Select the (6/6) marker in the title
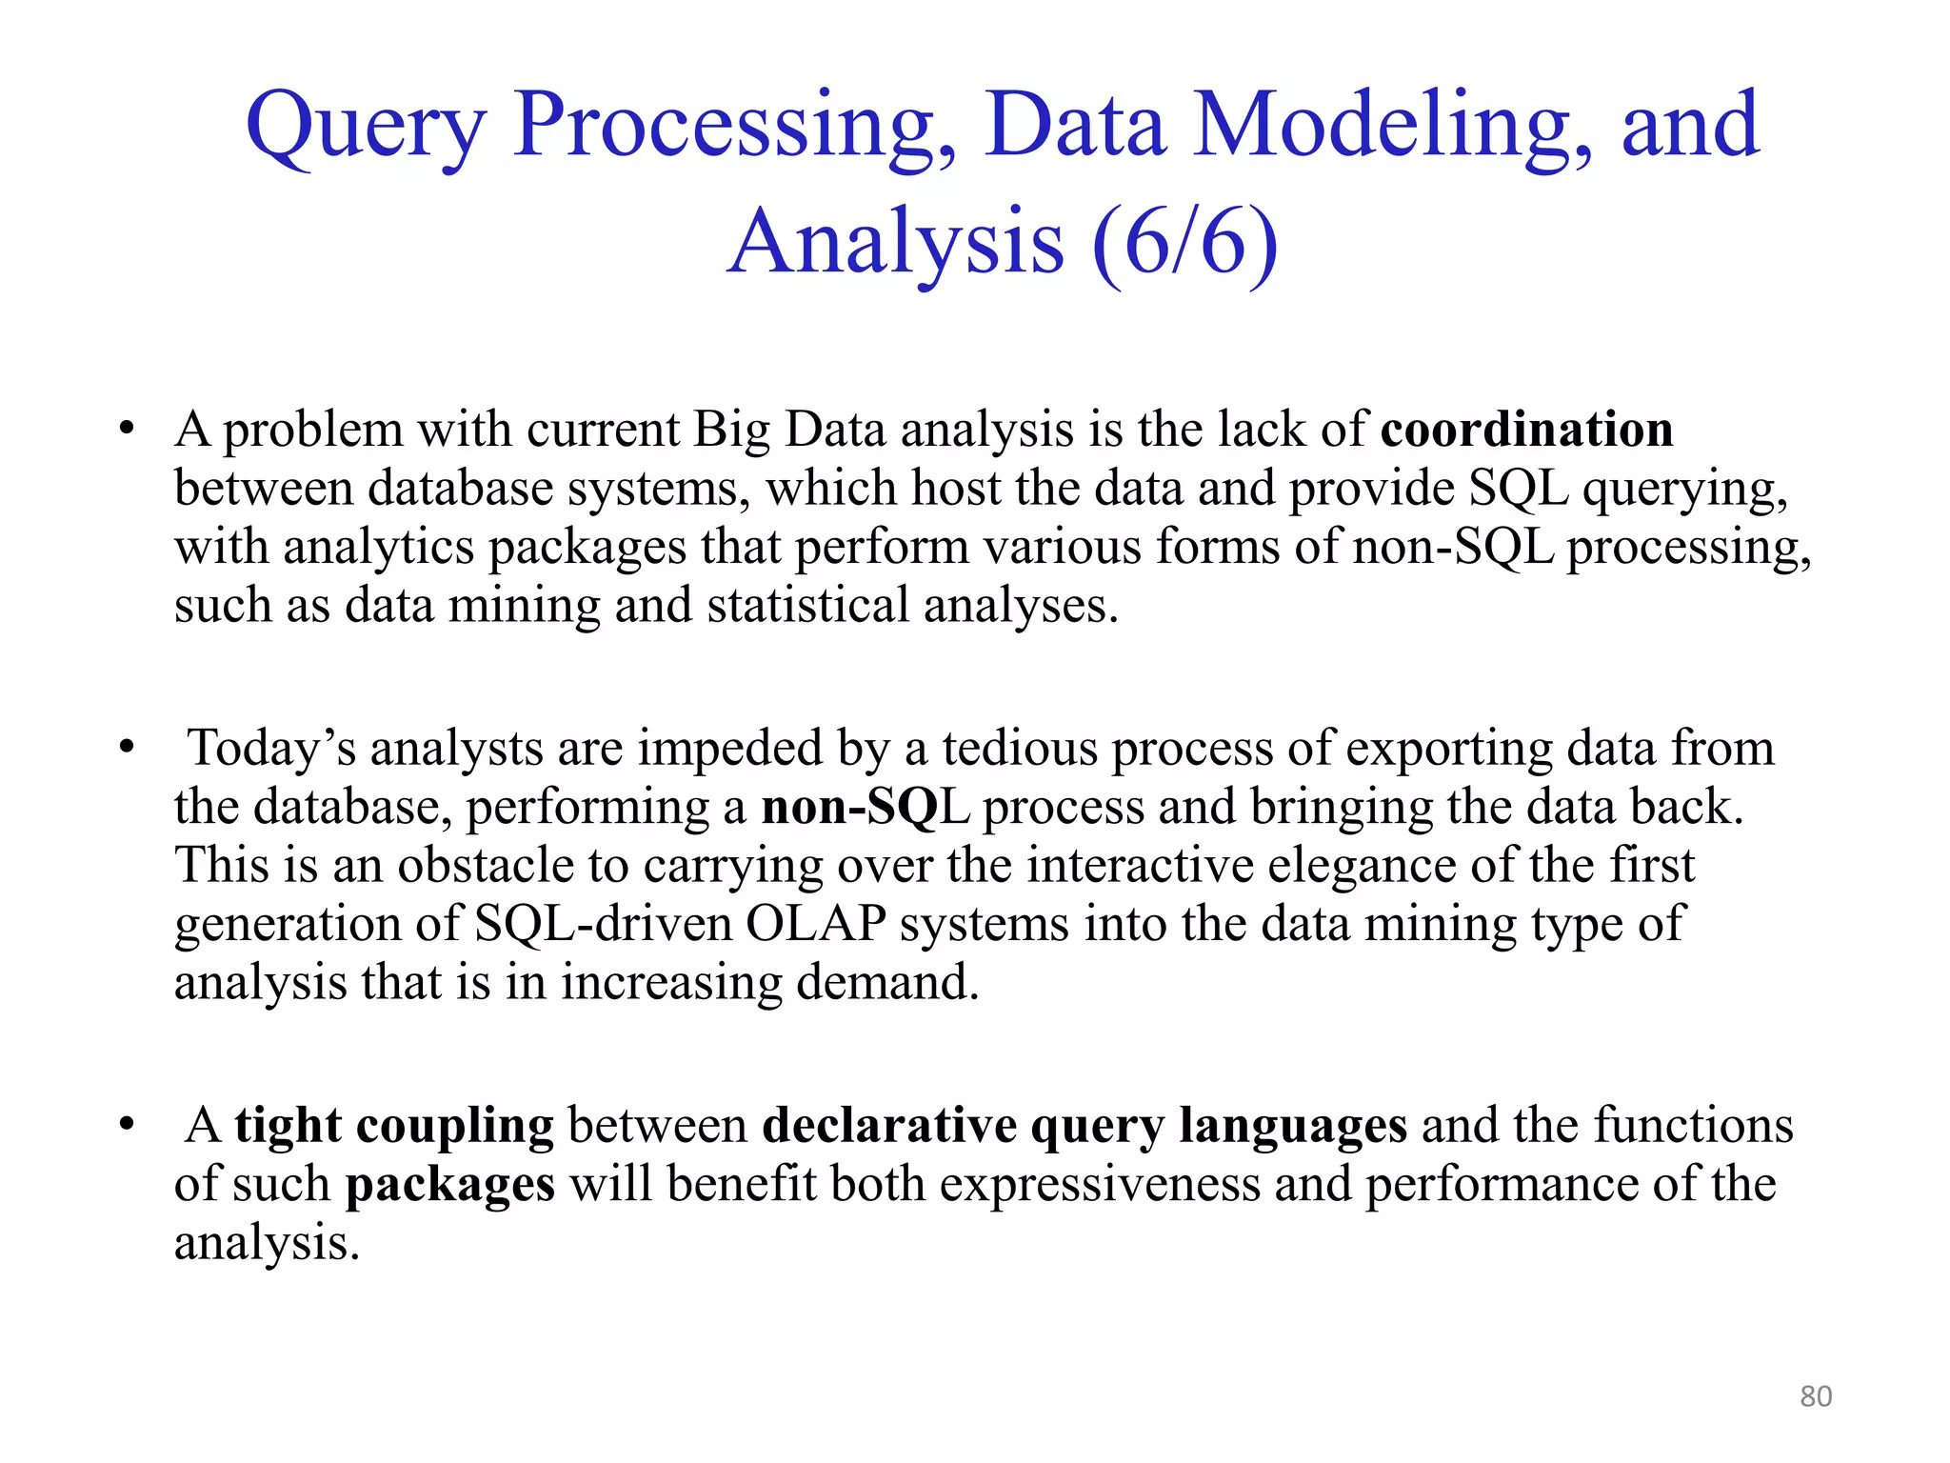pos(1184,243)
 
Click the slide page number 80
pos(1816,1396)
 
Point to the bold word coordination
pos(1526,430)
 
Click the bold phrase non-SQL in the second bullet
pos(865,808)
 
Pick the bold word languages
pos(1292,1126)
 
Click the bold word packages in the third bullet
pos(449,1185)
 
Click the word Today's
pos(271,749)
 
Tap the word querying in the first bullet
pos(1685,490)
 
